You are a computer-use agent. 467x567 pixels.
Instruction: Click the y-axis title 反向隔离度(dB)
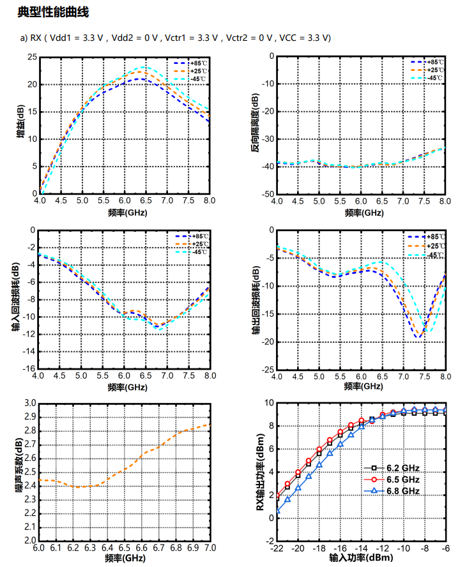(256, 126)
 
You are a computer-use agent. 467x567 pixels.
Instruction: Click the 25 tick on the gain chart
(33, 57)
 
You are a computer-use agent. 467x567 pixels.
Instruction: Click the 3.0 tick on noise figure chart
(29, 403)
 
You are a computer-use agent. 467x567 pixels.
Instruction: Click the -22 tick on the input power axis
(277, 548)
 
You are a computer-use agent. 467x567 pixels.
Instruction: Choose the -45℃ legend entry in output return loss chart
(434, 255)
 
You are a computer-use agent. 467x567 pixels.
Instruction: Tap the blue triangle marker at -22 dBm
(277, 511)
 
